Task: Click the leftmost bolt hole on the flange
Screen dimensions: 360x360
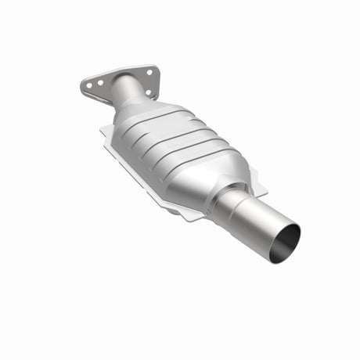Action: [x=88, y=81]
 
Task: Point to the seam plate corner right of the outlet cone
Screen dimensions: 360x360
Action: [x=266, y=192]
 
